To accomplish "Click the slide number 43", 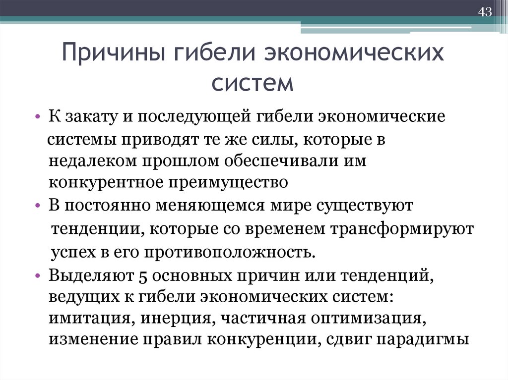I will coord(484,12).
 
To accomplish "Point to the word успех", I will coord(71,252).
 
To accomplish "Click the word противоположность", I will coord(229,252).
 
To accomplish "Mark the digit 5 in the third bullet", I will coord(142,275).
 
